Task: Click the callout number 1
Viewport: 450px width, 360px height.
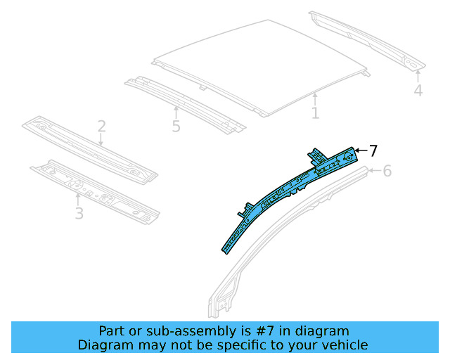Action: pyautogui.click(x=315, y=112)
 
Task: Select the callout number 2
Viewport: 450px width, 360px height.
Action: pyautogui.click(x=101, y=127)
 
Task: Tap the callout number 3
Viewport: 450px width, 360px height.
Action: pyautogui.click(x=79, y=212)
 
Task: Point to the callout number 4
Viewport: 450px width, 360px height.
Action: pyautogui.click(x=418, y=91)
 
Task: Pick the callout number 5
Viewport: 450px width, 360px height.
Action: pyautogui.click(x=176, y=127)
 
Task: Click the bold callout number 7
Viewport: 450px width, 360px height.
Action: pyautogui.click(x=373, y=150)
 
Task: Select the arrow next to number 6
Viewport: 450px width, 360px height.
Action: pyautogui.click(x=374, y=170)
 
